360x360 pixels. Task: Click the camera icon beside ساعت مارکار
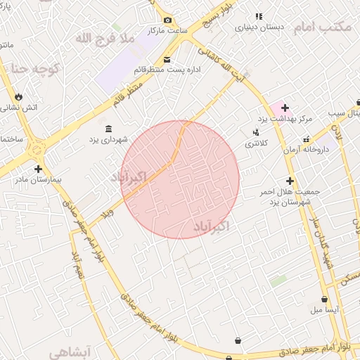pyautogui.click(x=167, y=20)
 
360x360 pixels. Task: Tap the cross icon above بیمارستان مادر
pyautogui.click(x=37, y=169)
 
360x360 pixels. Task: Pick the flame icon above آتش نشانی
pyautogui.click(x=18, y=97)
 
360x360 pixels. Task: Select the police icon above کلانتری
pyautogui.click(x=255, y=131)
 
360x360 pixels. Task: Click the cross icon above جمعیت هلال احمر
pyautogui.click(x=290, y=180)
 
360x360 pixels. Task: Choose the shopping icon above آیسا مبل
pyautogui.click(x=324, y=299)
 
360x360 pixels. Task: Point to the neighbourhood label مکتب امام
pyautogui.click(x=323, y=27)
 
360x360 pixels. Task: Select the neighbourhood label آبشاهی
pyautogui.click(x=79, y=349)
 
